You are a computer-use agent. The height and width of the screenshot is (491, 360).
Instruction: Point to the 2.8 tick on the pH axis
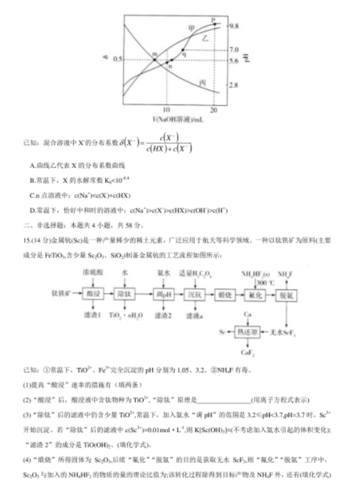click(234, 84)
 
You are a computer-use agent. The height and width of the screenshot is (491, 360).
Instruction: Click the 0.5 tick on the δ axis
click(118, 59)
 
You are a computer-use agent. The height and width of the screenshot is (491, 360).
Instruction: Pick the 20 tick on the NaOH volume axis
click(214, 110)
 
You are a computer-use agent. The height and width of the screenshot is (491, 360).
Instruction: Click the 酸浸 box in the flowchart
click(95, 293)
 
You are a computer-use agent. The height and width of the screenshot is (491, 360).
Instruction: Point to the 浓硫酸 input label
click(94, 273)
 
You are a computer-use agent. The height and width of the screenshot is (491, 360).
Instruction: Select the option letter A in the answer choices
click(33, 165)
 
